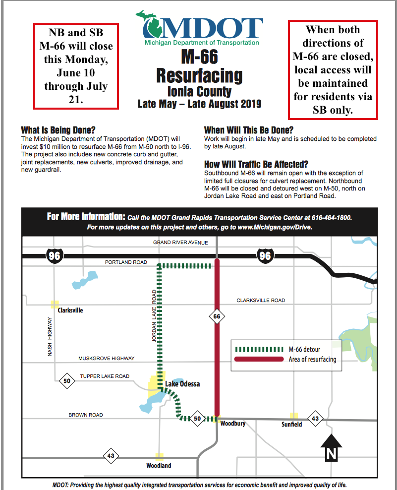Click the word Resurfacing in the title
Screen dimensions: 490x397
coord(199,76)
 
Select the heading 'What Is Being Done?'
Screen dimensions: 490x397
coord(58,131)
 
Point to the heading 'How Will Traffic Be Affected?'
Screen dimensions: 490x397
coord(256,164)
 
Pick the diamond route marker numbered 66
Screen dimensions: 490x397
coord(217,316)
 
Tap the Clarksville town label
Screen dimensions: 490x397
coord(70,310)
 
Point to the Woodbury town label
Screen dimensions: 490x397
coord(233,424)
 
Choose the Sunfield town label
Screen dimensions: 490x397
coord(291,425)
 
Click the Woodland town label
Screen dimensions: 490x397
coord(159,465)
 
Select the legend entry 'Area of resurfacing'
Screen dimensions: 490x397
coord(312,359)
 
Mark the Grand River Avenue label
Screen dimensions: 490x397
coord(180,243)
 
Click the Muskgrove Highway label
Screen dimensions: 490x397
coord(107,359)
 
